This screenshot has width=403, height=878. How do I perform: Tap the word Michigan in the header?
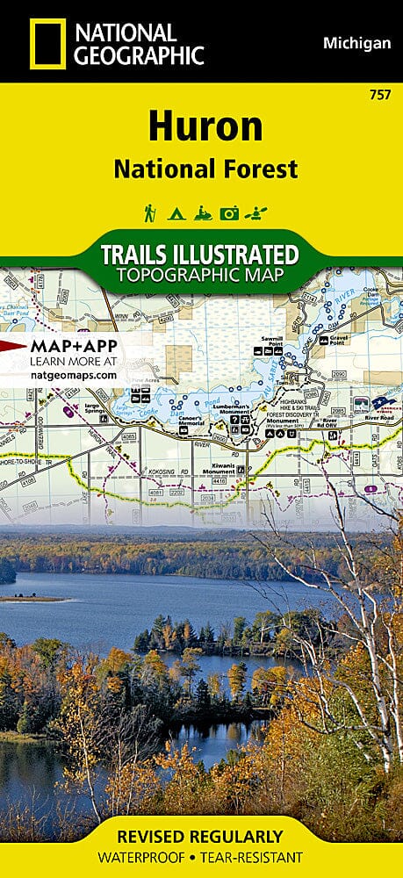click(356, 43)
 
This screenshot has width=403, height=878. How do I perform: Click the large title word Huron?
click(205, 127)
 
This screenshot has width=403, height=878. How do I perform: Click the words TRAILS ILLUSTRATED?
click(199, 255)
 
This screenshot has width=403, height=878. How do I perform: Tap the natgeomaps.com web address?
click(61, 374)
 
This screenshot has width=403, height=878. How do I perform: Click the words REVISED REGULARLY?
click(201, 836)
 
